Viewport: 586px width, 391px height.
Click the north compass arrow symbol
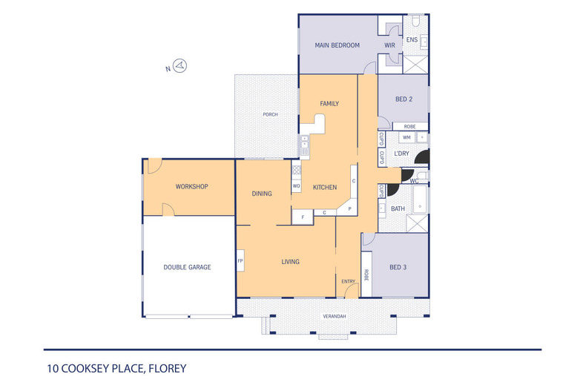pyautogui.click(x=180, y=66)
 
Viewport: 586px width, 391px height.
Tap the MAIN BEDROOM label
pyautogui.click(x=337, y=45)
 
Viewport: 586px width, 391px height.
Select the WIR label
pyautogui.click(x=389, y=45)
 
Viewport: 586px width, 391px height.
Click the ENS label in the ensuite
pyautogui.click(x=412, y=39)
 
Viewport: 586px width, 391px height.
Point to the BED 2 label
pyautogui.click(x=404, y=99)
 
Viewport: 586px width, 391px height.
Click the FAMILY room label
pyautogui.click(x=329, y=104)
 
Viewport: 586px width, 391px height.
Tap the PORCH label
pyautogui.click(x=270, y=114)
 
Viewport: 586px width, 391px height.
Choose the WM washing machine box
pyautogui.click(x=406, y=137)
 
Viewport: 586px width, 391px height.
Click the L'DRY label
pyautogui.click(x=402, y=154)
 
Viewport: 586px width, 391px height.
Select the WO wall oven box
pyautogui.click(x=297, y=185)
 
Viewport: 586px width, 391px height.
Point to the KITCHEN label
pyautogui.click(x=325, y=187)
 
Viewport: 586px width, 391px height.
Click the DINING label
pyautogui.click(x=262, y=194)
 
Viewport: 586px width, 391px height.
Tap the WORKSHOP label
pyautogui.click(x=191, y=186)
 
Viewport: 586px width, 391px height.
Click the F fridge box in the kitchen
pyautogui.click(x=303, y=217)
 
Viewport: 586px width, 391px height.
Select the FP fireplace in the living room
pyautogui.click(x=240, y=260)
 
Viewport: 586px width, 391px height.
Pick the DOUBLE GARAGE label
pyautogui.click(x=187, y=267)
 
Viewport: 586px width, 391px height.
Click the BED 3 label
pyautogui.click(x=398, y=267)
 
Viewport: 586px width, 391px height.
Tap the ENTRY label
pyautogui.click(x=349, y=281)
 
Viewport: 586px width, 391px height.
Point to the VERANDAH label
pyautogui.click(x=334, y=316)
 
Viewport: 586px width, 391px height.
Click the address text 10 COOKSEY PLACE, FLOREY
pyautogui.click(x=116, y=369)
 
